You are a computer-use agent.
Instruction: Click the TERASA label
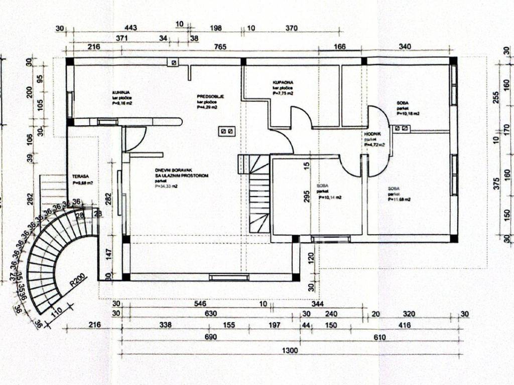pyautogui.click(x=80, y=176)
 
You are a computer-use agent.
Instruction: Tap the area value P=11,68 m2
pyautogui.click(x=399, y=200)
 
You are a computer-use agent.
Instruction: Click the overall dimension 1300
pyautogui.click(x=290, y=350)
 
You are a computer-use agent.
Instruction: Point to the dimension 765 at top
pyautogui.click(x=220, y=47)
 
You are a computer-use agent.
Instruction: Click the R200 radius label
pyautogui.click(x=79, y=279)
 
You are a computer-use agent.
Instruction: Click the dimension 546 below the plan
pyautogui.click(x=200, y=303)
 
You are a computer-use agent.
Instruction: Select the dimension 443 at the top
pyautogui.click(x=130, y=28)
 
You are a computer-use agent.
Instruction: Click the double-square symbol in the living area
pyautogui.click(x=226, y=131)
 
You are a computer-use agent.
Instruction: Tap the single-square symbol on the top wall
pyautogui.click(x=174, y=63)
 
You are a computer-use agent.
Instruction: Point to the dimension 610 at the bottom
pyautogui.click(x=379, y=337)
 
